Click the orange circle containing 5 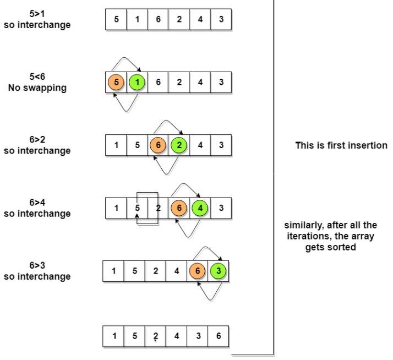(116, 83)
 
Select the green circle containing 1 (137, 83)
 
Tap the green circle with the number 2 (179, 145)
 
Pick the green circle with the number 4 (200, 209)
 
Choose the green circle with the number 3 (219, 271)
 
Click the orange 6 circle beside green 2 (158, 145)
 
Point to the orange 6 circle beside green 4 (179, 209)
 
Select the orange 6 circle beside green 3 (198, 271)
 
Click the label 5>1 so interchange (37, 19)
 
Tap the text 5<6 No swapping (37, 83)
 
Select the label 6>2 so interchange (37, 145)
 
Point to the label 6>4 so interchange (37, 208)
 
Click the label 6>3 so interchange (37, 271)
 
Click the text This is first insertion (341, 146)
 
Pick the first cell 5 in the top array (116, 19)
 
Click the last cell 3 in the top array (221, 19)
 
